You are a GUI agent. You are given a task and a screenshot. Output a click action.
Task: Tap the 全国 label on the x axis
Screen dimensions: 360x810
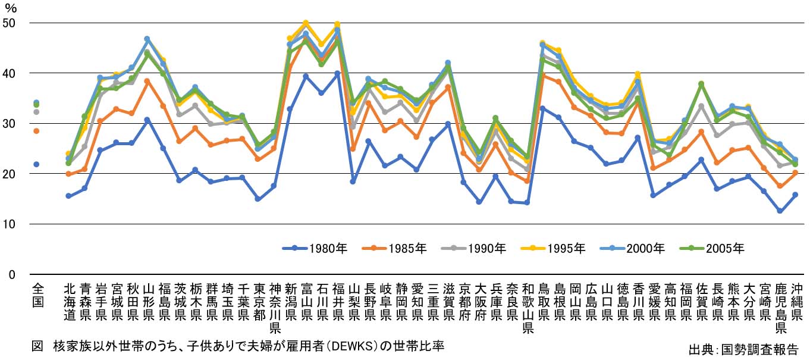pyautogui.click(x=37, y=295)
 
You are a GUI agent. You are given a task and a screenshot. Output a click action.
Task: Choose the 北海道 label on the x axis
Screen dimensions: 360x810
pyautogui.click(x=70, y=301)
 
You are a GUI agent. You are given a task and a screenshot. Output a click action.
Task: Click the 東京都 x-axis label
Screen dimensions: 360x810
pyautogui.click(x=259, y=301)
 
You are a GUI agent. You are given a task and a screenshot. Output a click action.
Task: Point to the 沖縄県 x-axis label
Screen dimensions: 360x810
pyautogui.click(x=795, y=301)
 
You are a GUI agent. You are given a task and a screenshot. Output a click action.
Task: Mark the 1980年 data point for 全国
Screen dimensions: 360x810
pyautogui.click(x=36, y=164)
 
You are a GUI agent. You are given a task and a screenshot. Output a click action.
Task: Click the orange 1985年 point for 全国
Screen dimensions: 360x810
pyautogui.click(x=36, y=131)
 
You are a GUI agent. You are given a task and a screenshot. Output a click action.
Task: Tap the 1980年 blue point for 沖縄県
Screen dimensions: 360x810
pyautogui.click(x=795, y=195)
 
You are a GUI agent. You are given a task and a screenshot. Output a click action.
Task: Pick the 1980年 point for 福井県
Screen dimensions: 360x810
pyautogui.click(x=337, y=73)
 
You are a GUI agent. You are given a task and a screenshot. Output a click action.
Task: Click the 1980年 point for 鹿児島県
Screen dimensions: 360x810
pyautogui.click(x=779, y=211)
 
